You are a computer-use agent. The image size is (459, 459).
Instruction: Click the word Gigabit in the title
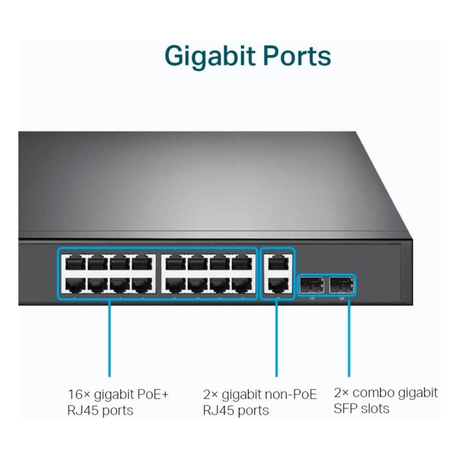(209, 56)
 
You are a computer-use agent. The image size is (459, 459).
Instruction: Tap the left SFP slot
(312, 283)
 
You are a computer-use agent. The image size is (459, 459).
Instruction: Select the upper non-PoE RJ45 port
(277, 263)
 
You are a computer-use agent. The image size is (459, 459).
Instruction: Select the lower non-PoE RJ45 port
(277, 284)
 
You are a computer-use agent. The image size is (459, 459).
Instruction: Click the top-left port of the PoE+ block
(75, 263)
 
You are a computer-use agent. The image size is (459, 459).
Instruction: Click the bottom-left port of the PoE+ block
(75, 284)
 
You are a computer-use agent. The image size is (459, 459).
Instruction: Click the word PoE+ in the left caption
(150, 395)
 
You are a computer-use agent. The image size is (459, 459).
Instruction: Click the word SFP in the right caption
(347, 409)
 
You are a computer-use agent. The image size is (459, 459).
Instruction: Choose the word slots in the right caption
(376, 409)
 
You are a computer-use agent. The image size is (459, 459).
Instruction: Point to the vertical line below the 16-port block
(108, 339)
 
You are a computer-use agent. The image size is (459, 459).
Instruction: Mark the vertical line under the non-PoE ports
(277, 339)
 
